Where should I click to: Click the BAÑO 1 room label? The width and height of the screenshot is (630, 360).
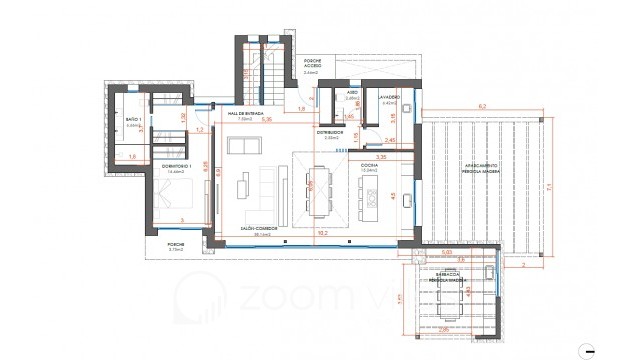pyautogui.click(x=134, y=121)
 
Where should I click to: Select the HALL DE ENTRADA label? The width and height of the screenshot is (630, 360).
pyautogui.click(x=246, y=115)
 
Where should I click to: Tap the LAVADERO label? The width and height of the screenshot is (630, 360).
pyautogui.click(x=389, y=99)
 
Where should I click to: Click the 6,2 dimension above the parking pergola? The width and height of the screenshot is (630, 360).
pyautogui.click(x=481, y=105)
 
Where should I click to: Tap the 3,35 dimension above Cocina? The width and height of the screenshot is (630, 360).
pyautogui.click(x=380, y=157)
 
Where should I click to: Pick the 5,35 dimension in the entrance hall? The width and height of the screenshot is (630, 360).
pyautogui.click(x=267, y=118)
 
